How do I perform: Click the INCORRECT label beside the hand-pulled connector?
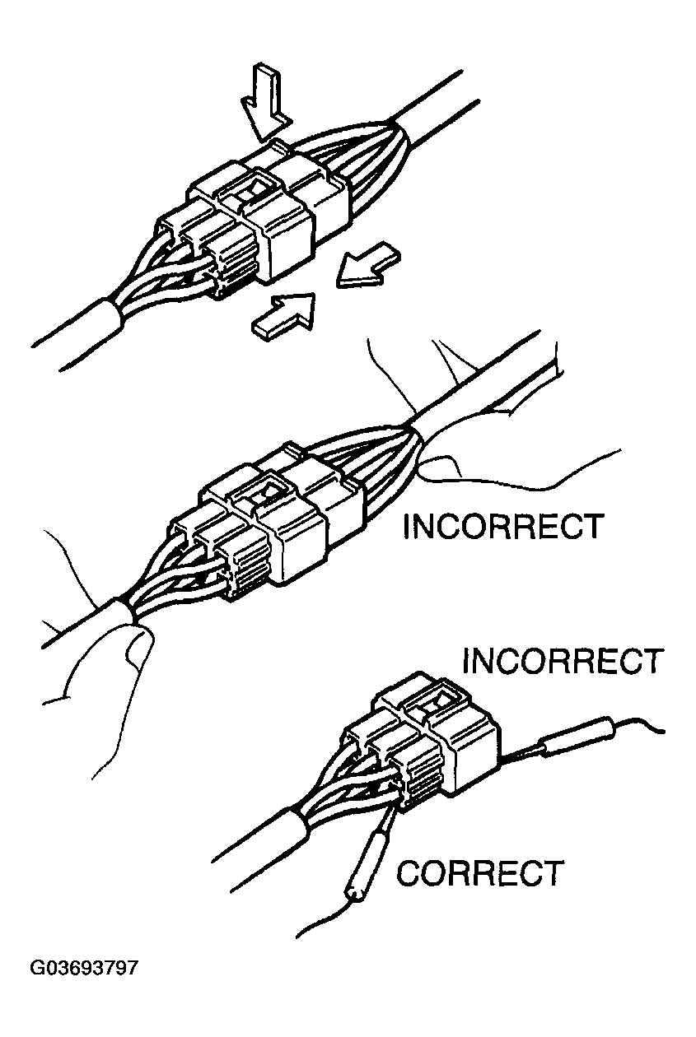point(502,527)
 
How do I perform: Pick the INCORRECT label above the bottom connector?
point(563,661)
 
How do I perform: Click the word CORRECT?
point(479,873)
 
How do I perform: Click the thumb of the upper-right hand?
point(445,467)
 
